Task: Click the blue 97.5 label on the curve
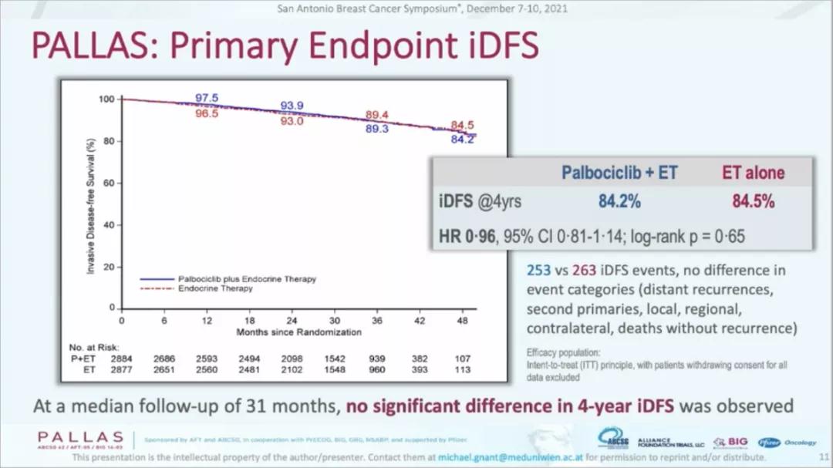[x=207, y=98]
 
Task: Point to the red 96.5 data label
[x=207, y=113]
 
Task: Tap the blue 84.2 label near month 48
[x=463, y=140]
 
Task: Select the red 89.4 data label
[x=376, y=115]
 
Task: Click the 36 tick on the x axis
[x=377, y=320]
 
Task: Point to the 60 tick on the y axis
[x=107, y=183]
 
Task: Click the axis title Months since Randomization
[x=298, y=332]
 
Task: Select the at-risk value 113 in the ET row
[x=463, y=369]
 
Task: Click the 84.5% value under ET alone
[x=753, y=202]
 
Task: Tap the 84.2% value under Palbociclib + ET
[x=619, y=202]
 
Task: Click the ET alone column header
[x=753, y=173]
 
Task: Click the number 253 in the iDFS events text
[x=538, y=271]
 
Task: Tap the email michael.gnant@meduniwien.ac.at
[x=510, y=457]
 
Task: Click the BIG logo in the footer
[x=730, y=442]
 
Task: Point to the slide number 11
[x=823, y=457]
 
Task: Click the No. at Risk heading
[x=94, y=348]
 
